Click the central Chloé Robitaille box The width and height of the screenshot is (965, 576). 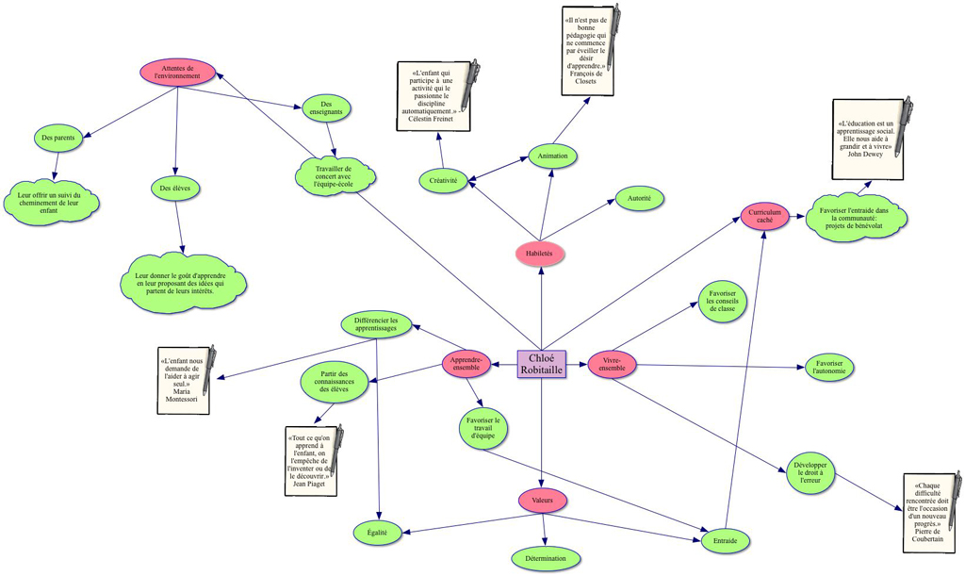tap(542, 364)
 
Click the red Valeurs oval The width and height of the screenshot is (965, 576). tap(542, 501)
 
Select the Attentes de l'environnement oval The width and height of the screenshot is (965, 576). tap(178, 73)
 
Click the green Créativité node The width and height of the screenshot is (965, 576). tap(443, 180)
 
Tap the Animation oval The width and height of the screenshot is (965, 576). tap(552, 156)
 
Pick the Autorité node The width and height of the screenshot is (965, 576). tap(640, 198)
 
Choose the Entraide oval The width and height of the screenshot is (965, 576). tap(726, 541)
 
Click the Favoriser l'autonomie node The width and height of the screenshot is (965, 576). tap(830, 368)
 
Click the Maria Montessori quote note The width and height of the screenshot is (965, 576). tap(185, 380)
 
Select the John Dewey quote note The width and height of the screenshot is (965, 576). tap(867, 140)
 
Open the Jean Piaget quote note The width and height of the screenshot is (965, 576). tap(311, 461)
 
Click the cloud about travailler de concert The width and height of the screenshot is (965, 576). tap(333, 174)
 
